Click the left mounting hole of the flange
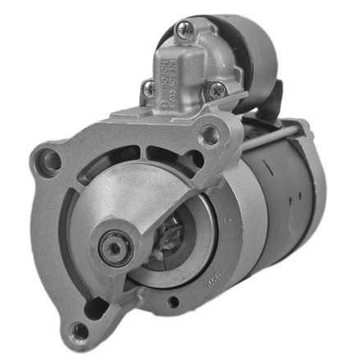tap(52, 161)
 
